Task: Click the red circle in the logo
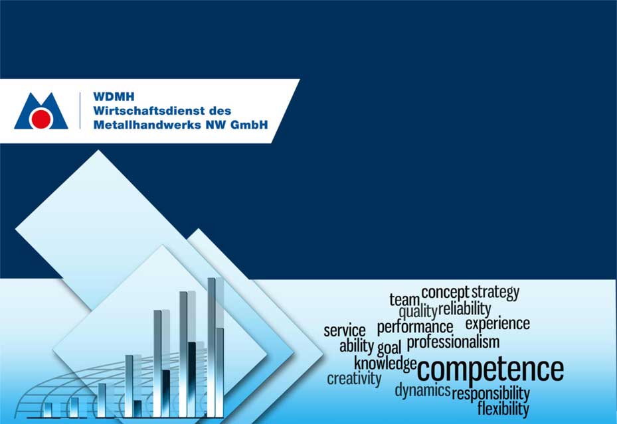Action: point(41,119)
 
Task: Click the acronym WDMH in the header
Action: point(114,97)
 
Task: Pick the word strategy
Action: point(495,293)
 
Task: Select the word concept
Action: point(446,293)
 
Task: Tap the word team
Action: point(404,300)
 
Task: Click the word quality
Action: point(418,312)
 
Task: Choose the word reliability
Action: point(464,309)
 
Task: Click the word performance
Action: point(415,328)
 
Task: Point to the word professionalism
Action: point(454,342)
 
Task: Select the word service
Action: point(345,330)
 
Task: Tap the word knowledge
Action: point(385,364)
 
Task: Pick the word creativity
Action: point(354,379)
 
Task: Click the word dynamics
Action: point(422,391)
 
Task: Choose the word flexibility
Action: point(503,409)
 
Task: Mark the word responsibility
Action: point(491,393)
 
